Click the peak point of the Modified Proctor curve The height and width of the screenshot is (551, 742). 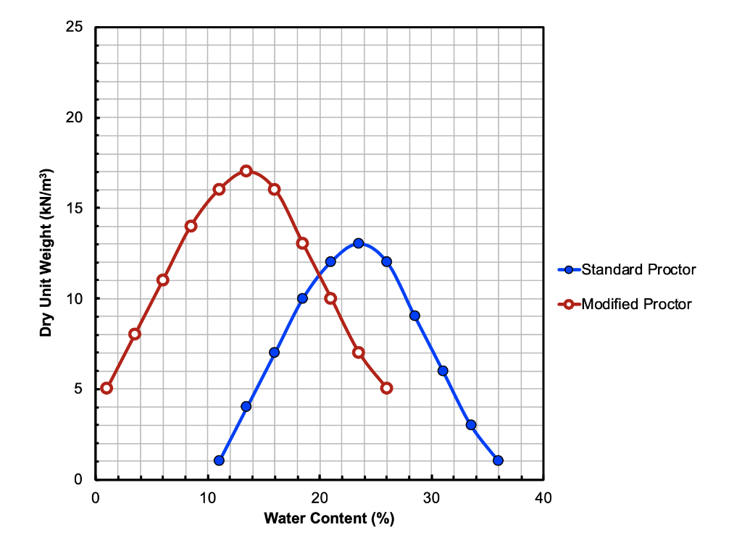coord(246,171)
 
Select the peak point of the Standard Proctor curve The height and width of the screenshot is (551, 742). coord(359,243)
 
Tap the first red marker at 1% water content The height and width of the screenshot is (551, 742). coord(107,388)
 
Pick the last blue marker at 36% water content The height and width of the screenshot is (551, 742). coord(498,460)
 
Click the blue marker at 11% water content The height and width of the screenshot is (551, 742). coord(219,460)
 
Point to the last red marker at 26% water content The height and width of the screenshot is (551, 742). coord(386,388)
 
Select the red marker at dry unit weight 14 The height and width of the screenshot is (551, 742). coord(191,226)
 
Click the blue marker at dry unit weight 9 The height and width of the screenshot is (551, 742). coord(414,316)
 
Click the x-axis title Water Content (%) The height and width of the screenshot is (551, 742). coord(329,518)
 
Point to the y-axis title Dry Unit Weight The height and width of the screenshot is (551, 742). coord(46,253)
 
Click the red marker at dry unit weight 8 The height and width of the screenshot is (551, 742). coord(135,334)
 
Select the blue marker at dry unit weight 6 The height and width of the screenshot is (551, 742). coord(443,371)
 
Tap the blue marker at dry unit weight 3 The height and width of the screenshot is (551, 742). coord(471,425)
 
